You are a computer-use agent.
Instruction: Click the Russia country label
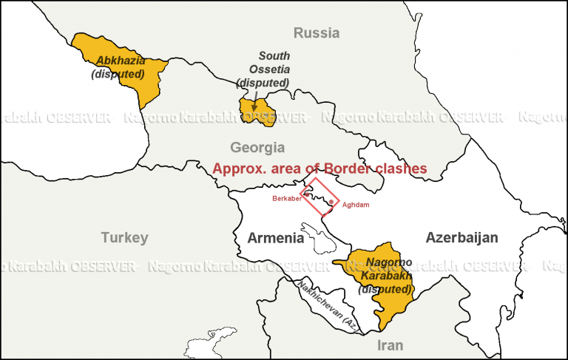coord(317,33)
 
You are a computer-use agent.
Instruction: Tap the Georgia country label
coord(257,147)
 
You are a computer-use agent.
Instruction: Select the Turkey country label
coord(124,237)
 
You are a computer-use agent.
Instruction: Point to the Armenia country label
coord(275,238)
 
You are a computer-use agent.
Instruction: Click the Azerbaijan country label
coord(461,237)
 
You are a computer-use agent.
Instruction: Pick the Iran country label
coord(390,345)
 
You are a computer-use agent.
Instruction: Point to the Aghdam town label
coord(356,204)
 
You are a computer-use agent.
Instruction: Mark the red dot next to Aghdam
coord(331,202)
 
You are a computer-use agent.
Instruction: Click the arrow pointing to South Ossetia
coord(256,96)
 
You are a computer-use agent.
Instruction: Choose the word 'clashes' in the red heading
coord(400,169)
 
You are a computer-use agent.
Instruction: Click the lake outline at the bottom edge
coord(206,349)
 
